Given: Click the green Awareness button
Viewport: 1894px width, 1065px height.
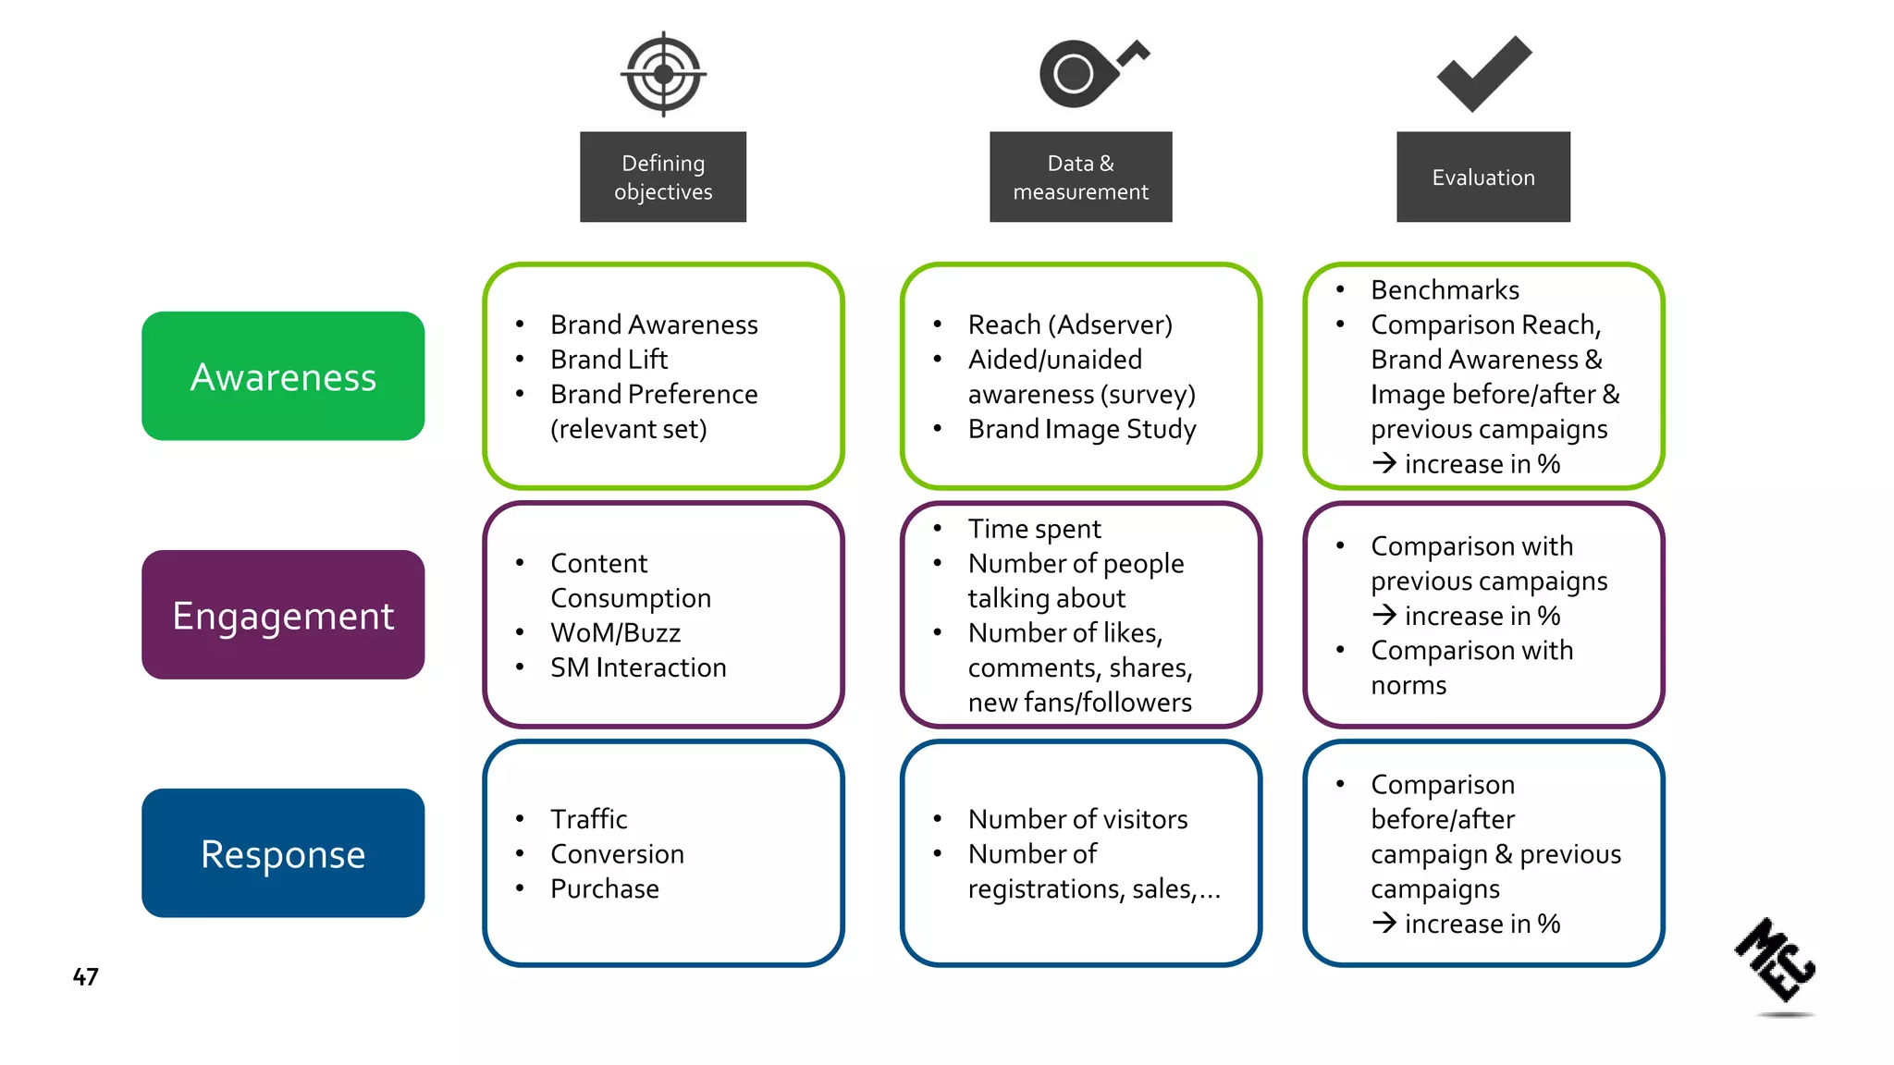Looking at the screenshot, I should tap(283, 376).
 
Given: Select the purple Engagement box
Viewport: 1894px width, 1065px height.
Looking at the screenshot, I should tap(283, 615).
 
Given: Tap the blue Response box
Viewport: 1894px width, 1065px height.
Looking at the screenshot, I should tap(283, 853).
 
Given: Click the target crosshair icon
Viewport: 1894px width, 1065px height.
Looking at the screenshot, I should tap(663, 74).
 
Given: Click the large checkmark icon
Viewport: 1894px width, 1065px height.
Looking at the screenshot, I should tap(1483, 74).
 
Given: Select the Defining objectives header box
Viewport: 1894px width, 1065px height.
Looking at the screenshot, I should tap(663, 177).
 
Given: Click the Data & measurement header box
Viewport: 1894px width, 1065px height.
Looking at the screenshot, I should tap(1080, 177).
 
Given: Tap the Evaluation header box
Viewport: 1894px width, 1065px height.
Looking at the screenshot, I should tap(1483, 177).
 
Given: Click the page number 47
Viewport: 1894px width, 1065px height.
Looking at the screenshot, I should tap(85, 976).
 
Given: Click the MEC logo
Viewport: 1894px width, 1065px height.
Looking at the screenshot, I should tap(1777, 961).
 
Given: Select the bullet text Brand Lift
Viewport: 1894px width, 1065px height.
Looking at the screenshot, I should tap(609, 359).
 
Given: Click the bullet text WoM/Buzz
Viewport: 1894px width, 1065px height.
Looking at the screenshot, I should tap(615, 632).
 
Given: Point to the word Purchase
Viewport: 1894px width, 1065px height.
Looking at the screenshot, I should tap(605, 888).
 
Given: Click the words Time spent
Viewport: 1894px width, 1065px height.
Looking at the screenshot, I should tap(1034, 529).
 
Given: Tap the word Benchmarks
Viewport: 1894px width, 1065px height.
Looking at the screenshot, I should tap(1445, 290).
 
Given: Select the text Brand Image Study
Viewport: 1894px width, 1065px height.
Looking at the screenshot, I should tap(1082, 429).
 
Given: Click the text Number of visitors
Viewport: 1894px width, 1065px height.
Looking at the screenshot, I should tap(1077, 819).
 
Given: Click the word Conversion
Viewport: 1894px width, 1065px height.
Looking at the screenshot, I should tap(617, 853).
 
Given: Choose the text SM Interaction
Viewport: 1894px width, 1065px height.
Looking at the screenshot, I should tap(638, 667).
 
